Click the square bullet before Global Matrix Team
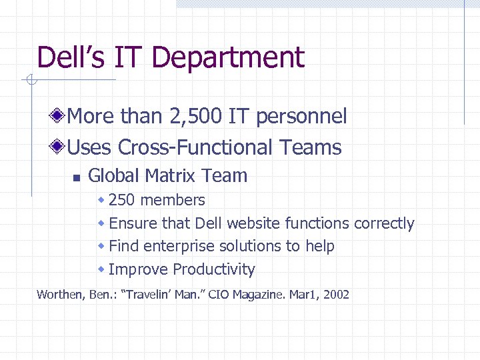pos(76,178)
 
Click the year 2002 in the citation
pos(335,295)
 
